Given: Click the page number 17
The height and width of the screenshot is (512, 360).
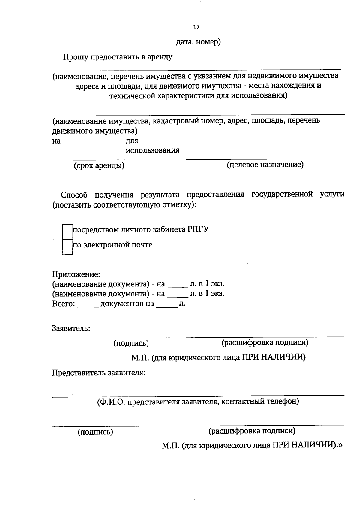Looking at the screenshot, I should [x=196, y=27].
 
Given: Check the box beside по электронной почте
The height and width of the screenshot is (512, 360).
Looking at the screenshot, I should [x=67, y=247].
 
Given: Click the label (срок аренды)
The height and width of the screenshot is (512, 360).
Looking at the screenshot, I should [x=99, y=165].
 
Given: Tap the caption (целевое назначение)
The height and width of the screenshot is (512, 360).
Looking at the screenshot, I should [x=265, y=165].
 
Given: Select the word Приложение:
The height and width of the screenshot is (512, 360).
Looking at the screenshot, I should [x=76, y=274].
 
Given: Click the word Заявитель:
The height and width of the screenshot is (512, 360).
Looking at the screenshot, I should [x=71, y=328].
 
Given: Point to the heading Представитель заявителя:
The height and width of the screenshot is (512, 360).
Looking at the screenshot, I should [x=99, y=373].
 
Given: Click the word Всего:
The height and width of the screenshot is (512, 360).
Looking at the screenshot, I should [x=63, y=304].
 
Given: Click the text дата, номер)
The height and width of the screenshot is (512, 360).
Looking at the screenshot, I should [x=198, y=42].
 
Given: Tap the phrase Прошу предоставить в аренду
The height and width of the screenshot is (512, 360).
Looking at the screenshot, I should [x=118, y=57].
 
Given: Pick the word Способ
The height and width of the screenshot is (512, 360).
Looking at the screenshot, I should [x=74, y=195].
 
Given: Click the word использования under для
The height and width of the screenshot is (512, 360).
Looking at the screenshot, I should [x=152, y=150].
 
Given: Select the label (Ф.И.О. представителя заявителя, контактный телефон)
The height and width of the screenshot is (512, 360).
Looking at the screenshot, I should [x=198, y=401].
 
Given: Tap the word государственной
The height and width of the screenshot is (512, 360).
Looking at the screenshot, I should [x=282, y=194].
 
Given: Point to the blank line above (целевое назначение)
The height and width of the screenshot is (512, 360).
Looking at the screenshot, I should [x=265, y=159].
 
